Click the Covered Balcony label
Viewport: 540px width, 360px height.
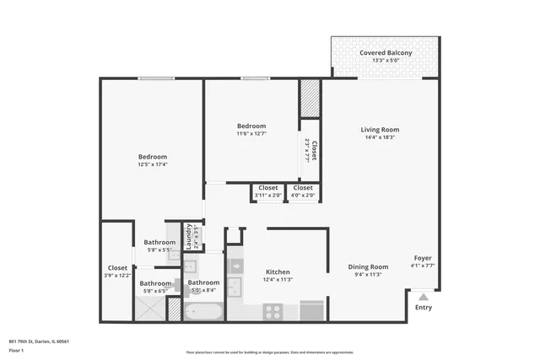(x=386, y=53)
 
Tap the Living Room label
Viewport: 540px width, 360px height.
(x=380, y=130)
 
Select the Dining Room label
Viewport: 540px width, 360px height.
(x=368, y=267)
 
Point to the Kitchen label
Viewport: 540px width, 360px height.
(x=278, y=272)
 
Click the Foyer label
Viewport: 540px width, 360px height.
(x=423, y=258)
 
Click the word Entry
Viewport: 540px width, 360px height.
(x=424, y=308)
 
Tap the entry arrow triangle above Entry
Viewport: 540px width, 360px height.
(x=424, y=296)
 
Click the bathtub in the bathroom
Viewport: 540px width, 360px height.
(x=203, y=312)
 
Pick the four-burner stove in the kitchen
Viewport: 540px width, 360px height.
(x=273, y=311)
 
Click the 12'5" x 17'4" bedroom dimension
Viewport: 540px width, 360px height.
(x=153, y=164)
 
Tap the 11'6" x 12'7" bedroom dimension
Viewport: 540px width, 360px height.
(x=251, y=133)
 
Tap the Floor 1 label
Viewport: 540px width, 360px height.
(x=15, y=349)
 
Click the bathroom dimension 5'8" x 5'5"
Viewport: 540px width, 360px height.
(x=159, y=250)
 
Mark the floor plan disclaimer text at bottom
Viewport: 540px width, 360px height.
(x=269, y=352)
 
